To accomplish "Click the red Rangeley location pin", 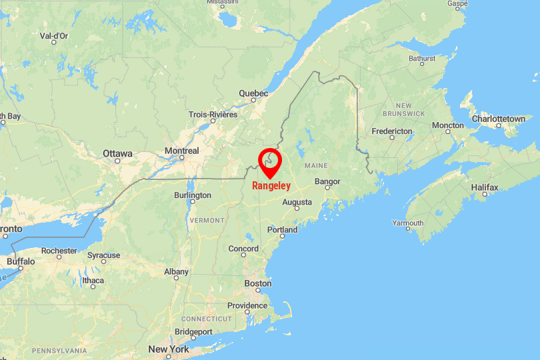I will pos(270,161).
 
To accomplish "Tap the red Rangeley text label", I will pos(271,186).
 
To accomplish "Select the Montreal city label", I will pos(182,151).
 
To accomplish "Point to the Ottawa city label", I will pos(117,153).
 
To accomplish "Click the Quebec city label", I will pos(253,93).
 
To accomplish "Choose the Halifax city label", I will pos(485,188).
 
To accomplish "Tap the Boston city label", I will pos(258,283).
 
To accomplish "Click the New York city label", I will pos(169,349).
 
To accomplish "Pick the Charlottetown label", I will pos(498,119).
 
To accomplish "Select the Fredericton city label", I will pos(392,131).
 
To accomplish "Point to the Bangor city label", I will pos(327,181).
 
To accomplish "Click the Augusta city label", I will pos(297,202).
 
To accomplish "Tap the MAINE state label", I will pos(315,165).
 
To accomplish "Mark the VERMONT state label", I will pos(207,220).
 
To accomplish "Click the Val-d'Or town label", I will pos(54,35).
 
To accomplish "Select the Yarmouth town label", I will pos(407,223).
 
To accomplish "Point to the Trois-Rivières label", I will pos(213,115).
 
